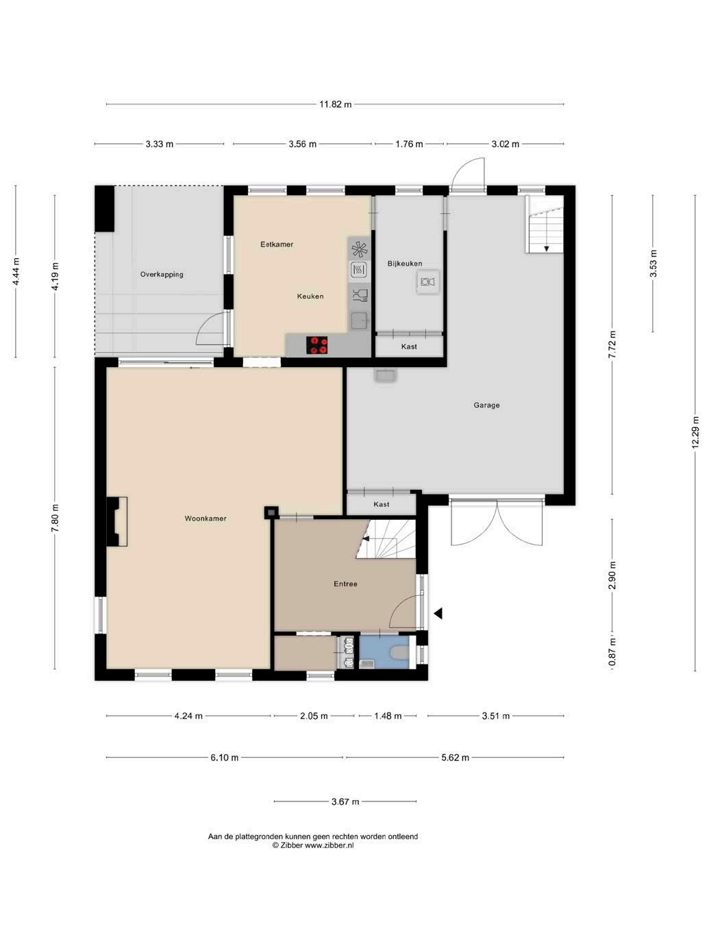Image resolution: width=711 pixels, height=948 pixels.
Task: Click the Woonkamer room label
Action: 205,519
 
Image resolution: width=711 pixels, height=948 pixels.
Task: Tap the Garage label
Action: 486,405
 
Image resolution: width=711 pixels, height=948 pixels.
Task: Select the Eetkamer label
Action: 277,245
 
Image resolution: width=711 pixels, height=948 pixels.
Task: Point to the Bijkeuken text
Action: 405,264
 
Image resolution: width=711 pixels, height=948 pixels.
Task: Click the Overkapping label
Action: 162,274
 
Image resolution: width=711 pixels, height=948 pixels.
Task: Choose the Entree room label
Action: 345,584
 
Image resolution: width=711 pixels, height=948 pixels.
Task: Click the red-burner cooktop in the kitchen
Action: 317,345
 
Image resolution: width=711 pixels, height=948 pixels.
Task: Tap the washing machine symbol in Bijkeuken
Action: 428,282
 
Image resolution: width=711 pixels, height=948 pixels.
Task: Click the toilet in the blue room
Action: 398,653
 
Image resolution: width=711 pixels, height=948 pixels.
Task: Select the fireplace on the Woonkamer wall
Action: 117,521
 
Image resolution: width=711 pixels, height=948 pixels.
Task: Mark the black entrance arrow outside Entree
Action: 438,613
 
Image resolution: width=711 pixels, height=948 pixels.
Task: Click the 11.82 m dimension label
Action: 335,104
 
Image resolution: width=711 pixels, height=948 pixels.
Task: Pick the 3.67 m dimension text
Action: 345,802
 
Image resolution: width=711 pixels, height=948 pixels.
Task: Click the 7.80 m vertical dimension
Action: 55,519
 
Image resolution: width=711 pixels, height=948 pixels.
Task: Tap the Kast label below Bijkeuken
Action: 409,347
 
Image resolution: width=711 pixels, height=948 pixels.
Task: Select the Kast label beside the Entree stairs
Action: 381,504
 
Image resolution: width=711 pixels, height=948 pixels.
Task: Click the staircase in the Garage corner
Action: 545,224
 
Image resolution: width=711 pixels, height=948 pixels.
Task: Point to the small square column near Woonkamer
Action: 271,512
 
